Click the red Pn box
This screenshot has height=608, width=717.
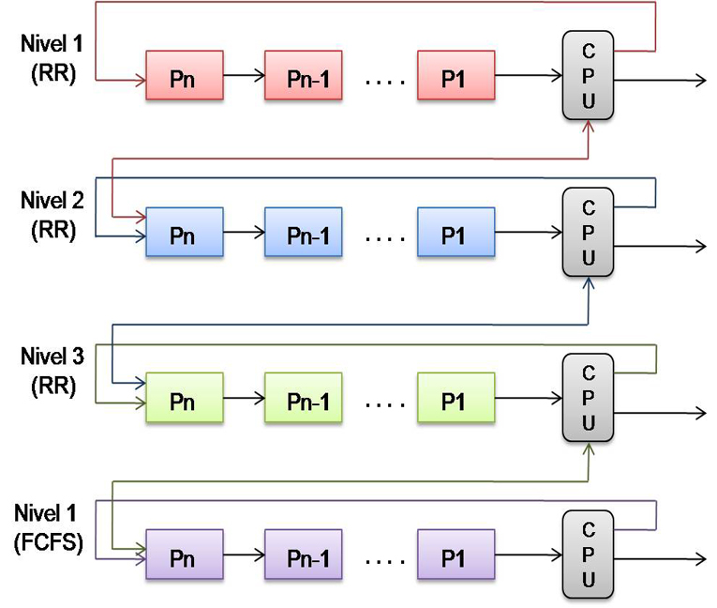click(x=184, y=75)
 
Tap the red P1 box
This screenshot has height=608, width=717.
click(x=456, y=75)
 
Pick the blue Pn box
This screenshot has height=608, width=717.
click(x=184, y=232)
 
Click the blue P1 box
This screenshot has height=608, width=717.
click(x=456, y=232)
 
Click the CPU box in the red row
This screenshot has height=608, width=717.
click(x=588, y=75)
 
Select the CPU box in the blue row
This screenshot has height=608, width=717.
click(x=588, y=232)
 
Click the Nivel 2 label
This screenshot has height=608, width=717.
click(x=52, y=200)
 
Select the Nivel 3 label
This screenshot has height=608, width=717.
click(x=52, y=357)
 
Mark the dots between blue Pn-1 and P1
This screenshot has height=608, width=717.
click(x=380, y=236)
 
